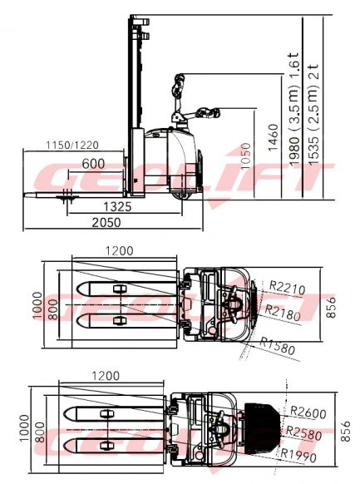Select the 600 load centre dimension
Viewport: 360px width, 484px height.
(93, 164)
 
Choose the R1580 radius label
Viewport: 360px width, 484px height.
(277, 345)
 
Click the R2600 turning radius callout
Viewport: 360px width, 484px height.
(307, 412)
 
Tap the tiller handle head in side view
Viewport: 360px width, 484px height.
(179, 85)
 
